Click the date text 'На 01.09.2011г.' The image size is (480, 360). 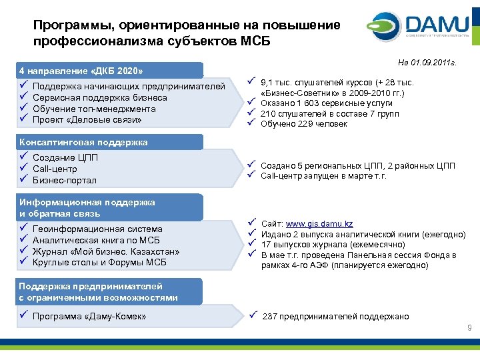pyautogui.click(x=429, y=62)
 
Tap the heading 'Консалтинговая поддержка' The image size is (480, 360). pyautogui.click(x=83, y=142)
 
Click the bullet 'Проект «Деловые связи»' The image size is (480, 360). pyautogui.click(x=87, y=120)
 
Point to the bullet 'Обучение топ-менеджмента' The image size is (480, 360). pyautogui.click(x=93, y=109)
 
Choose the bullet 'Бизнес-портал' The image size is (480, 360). pyautogui.click(x=64, y=181)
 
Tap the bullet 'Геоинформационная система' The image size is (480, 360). pyautogui.click(x=97, y=229)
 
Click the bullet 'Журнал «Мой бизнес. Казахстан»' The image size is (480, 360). pyautogui.click(x=106, y=251)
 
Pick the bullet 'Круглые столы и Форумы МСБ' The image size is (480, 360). pyautogui.click(x=99, y=263)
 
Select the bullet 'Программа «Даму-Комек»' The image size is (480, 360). pyautogui.click(x=89, y=317)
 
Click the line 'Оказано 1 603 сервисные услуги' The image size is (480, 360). pyautogui.click(x=327, y=103)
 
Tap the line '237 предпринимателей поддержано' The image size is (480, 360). pyautogui.click(x=336, y=317)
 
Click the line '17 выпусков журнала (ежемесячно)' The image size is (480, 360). pyautogui.click(x=329, y=244)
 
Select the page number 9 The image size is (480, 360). pyautogui.click(x=469, y=327)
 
